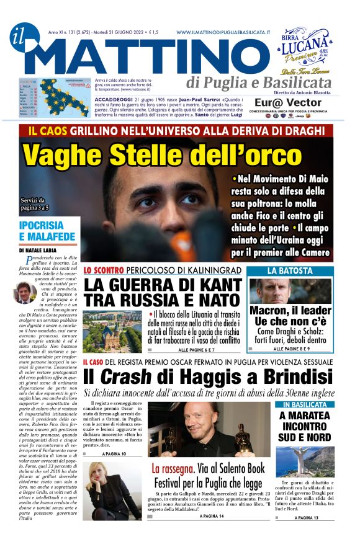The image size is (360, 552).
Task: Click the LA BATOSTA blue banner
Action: pyautogui.click(x=290, y=271)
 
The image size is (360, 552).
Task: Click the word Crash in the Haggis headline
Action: pyautogui.click(x=127, y=376)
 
